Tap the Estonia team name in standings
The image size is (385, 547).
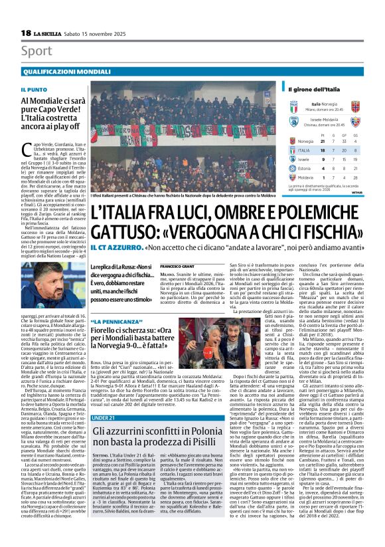pyautogui.click(x=307, y=169)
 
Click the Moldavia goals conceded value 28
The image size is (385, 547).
pyautogui.click(x=365, y=178)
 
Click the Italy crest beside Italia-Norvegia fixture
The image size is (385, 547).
pyautogui.click(x=293, y=106)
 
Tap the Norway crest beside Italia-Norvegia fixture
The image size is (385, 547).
pyautogui.click(x=355, y=106)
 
